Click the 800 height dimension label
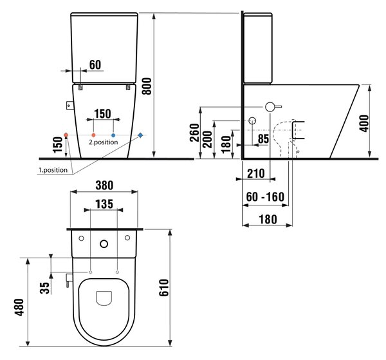coord(147,86)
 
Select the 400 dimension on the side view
coord(365,124)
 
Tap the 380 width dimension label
coord(104,185)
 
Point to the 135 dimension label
coord(104,204)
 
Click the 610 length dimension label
coord(164,288)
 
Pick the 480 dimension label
coord(19,307)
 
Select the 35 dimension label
coord(44,288)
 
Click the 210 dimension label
coord(256,173)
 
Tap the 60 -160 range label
coord(265,196)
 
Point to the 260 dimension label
coord(194,133)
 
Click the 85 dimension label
coord(263,138)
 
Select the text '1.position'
coord(53,170)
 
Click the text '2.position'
coord(104,142)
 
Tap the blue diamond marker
coord(140,135)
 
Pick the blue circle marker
coord(113,135)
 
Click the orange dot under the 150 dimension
coord(93,135)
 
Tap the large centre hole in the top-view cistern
coord(104,244)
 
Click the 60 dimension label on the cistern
coord(95,65)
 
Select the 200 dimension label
coord(208,139)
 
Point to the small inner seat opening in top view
coord(104,298)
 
